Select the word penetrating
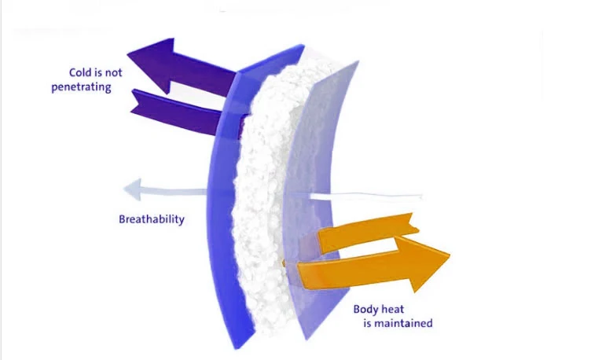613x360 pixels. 82,87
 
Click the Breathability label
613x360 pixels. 152,219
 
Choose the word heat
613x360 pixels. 396,310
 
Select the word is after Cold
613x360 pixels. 99,73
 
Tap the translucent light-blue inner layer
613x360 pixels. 314,157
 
